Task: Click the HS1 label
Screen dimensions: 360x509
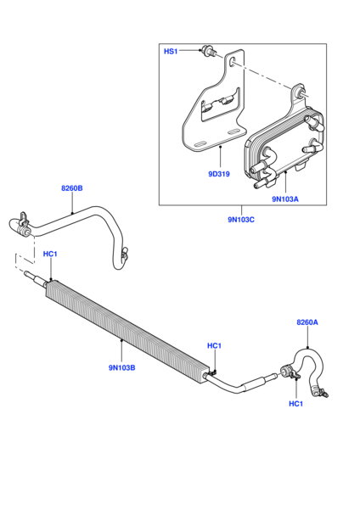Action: point(171,51)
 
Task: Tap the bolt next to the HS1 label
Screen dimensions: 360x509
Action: point(206,50)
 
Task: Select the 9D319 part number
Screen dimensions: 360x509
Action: point(219,174)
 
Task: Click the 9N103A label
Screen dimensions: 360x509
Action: point(285,199)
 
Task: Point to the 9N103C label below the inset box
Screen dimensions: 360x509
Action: point(241,220)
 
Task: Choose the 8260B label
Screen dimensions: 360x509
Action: point(72,188)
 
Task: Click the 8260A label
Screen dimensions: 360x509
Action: point(307,322)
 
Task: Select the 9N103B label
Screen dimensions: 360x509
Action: point(122,368)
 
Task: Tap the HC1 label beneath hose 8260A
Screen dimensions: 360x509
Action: point(296,404)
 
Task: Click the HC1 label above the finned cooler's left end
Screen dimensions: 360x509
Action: point(50,254)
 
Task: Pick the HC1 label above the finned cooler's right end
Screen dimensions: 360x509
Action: point(215,346)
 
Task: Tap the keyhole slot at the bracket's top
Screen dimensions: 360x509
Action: point(233,62)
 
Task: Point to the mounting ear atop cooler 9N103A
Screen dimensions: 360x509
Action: point(299,92)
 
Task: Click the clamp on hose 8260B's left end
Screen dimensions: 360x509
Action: point(24,225)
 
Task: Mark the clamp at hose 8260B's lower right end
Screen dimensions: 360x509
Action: point(124,254)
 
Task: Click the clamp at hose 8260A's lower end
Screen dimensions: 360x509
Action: point(322,393)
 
